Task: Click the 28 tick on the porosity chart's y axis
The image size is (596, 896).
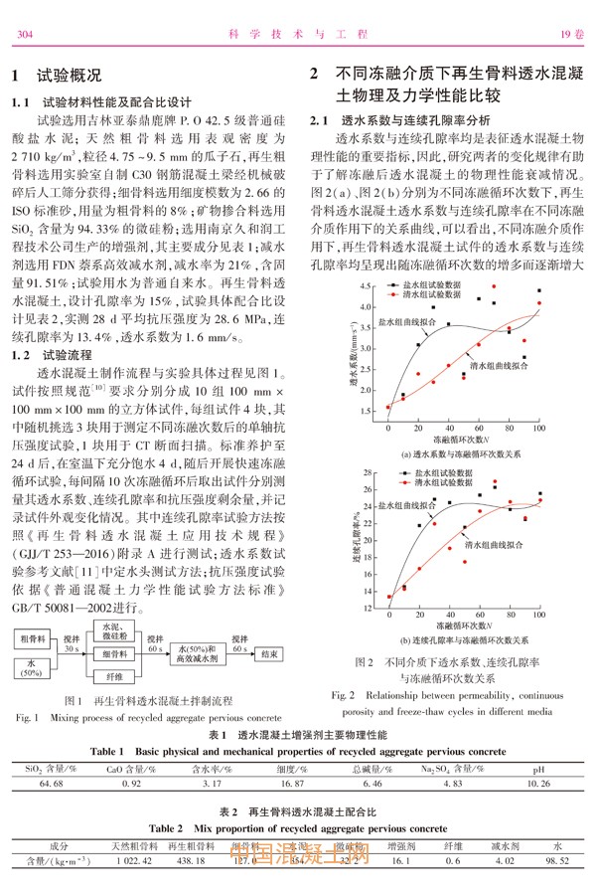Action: (x=377, y=445)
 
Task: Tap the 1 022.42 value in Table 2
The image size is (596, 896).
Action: (x=132, y=860)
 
